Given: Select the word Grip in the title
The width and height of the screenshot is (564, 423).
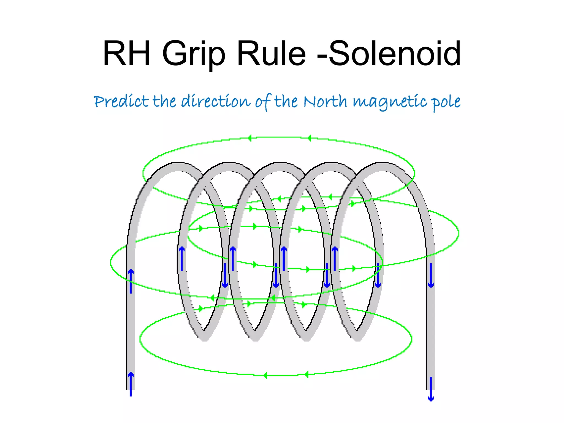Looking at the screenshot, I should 194,55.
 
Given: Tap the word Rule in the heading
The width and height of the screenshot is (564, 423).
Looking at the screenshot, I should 271,53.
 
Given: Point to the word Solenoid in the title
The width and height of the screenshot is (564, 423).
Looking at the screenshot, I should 395,53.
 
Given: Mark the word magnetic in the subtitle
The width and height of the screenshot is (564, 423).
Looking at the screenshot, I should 390,102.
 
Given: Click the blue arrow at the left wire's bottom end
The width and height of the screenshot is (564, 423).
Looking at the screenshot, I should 131,384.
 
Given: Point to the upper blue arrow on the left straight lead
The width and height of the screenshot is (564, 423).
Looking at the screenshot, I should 131,281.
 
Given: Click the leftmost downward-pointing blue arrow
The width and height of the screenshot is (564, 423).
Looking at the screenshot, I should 225,275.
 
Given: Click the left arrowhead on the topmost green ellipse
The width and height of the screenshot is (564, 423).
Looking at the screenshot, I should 250,138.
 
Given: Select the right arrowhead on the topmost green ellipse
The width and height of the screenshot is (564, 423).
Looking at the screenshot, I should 310,138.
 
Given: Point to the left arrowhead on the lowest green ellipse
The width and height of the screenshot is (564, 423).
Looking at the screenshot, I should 265,375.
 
